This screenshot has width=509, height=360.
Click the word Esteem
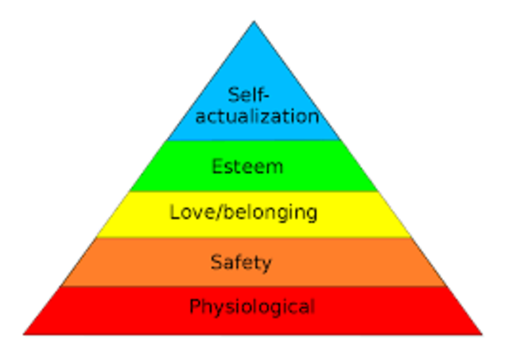pyautogui.click(x=247, y=167)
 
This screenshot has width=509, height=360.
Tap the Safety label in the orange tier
pyautogui.click(x=241, y=261)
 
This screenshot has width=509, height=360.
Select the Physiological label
pyautogui.click(x=251, y=306)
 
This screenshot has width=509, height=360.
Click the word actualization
pyautogui.click(x=258, y=116)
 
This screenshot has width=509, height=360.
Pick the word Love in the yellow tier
pyautogui.click(x=187, y=212)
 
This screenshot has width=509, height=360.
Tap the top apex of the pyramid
pyautogui.click(x=254, y=22)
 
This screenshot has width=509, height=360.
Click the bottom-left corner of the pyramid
pyautogui.click(x=24, y=334)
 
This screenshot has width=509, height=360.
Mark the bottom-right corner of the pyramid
pyautogui.click(x=482, y=334)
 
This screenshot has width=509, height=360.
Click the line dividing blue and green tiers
pyautogui.click(x=254, y=141)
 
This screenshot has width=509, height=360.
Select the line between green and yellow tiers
pyautogui.click(x=254, y=192)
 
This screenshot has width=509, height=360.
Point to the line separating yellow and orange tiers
pyautogui.click(x=254, y=238)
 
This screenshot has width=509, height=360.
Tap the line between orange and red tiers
pyautogui.click(x=254, y=287)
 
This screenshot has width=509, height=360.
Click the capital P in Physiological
pyautogui.click(x=194, y=306)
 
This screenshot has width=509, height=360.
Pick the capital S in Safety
pyautogui.click(x=216, y=261)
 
